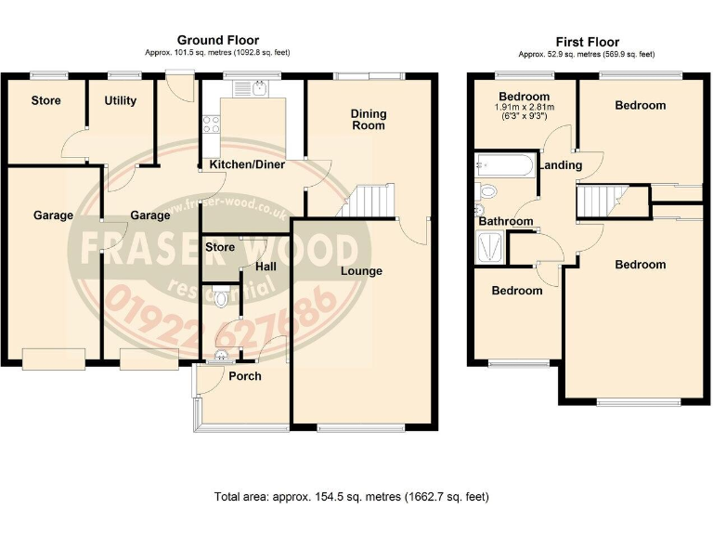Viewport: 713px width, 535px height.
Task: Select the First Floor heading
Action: point(589,42)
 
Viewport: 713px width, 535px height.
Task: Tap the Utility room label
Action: point(121,100)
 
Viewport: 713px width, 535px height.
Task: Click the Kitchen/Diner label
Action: point(247,164)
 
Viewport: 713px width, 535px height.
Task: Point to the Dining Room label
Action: point(369,120)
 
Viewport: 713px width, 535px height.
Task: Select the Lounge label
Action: point(362,271)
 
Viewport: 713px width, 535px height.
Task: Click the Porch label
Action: point(245,376)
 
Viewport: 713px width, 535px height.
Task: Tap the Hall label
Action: point(266,267)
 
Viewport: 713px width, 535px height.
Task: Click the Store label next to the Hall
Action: point(220,247)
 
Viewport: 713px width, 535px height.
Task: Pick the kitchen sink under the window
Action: point(253,90)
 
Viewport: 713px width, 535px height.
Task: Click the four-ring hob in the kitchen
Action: point(211,124)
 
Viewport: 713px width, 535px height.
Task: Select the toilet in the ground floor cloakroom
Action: point(220,299)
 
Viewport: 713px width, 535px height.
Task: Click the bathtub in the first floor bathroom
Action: point(502,167)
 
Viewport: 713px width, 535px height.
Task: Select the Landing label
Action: point(562,165)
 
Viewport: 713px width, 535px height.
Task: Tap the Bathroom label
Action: point(506,221)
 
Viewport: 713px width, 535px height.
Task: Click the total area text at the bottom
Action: point(351,497)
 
